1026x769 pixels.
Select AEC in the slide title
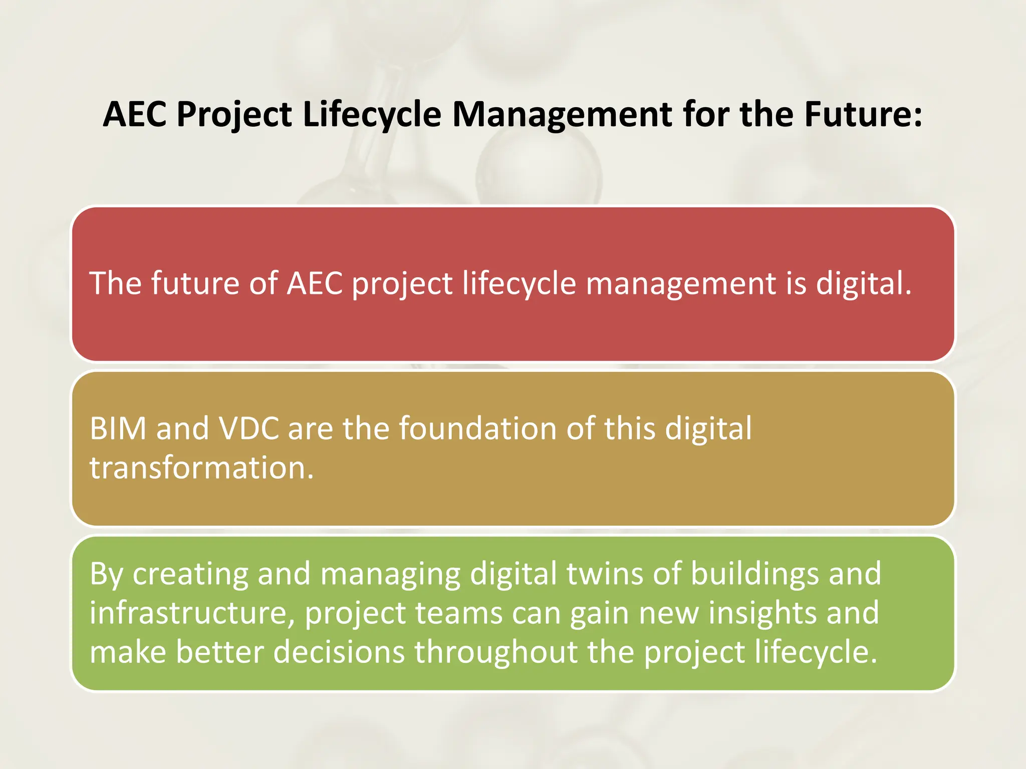click(135, 114)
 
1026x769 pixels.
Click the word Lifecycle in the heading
click(372, 115)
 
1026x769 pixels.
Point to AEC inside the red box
click(315, 283)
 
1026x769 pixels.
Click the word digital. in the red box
click(863, 283)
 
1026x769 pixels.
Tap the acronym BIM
click(118, 429)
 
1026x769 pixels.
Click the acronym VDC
click(248, 429)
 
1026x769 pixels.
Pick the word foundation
click(477, 429)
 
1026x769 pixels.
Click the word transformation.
click(201, 468)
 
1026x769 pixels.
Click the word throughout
click(496, 652)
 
